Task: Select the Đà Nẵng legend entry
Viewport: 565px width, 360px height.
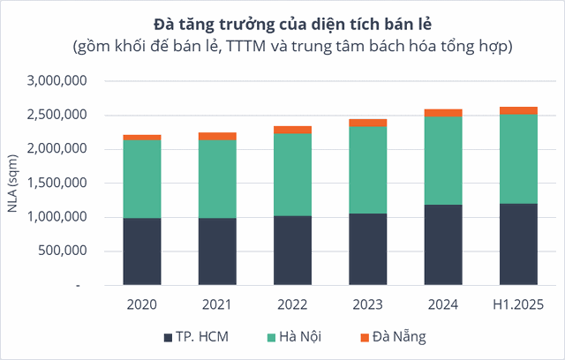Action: tap(393, 336)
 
